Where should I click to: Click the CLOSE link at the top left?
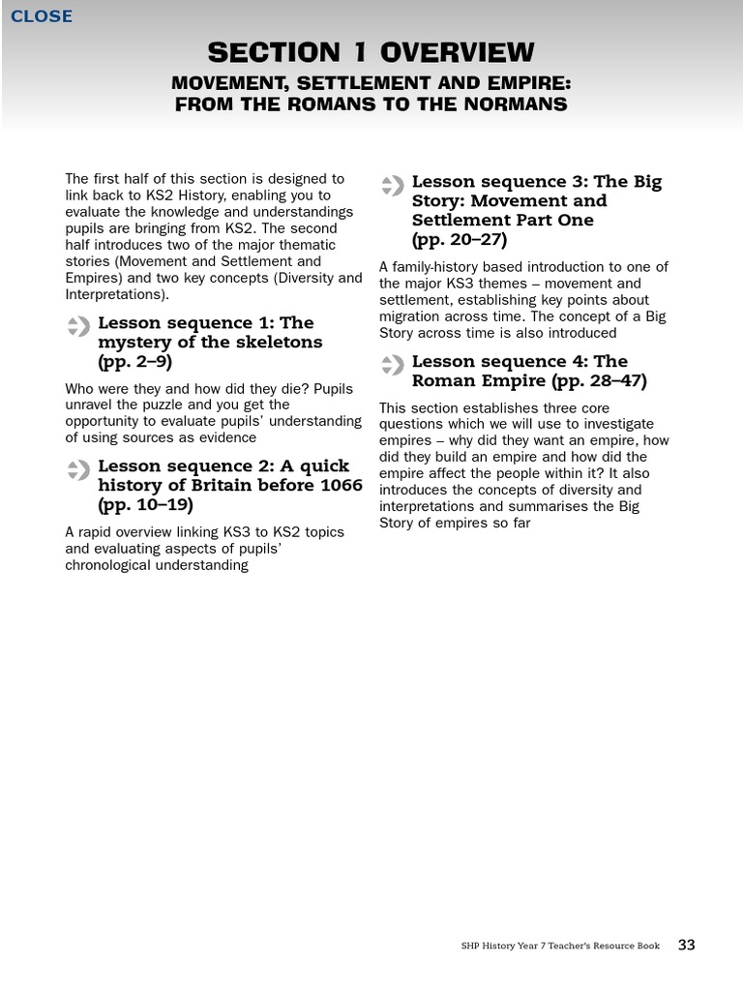[41, 15]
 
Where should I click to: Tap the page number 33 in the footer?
[686, 946]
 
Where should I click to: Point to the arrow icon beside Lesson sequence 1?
[78, 326]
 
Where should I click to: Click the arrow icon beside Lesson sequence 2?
[78, 470]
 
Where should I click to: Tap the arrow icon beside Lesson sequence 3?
[392, 185]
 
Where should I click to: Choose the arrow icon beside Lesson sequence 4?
[392, 365]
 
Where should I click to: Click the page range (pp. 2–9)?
[134, 362]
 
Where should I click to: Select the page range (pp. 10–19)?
[145, 505]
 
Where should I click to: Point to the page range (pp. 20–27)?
[460, 240]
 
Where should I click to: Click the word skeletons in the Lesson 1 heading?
[276, 343]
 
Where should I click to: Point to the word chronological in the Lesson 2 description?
[106, 565]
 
